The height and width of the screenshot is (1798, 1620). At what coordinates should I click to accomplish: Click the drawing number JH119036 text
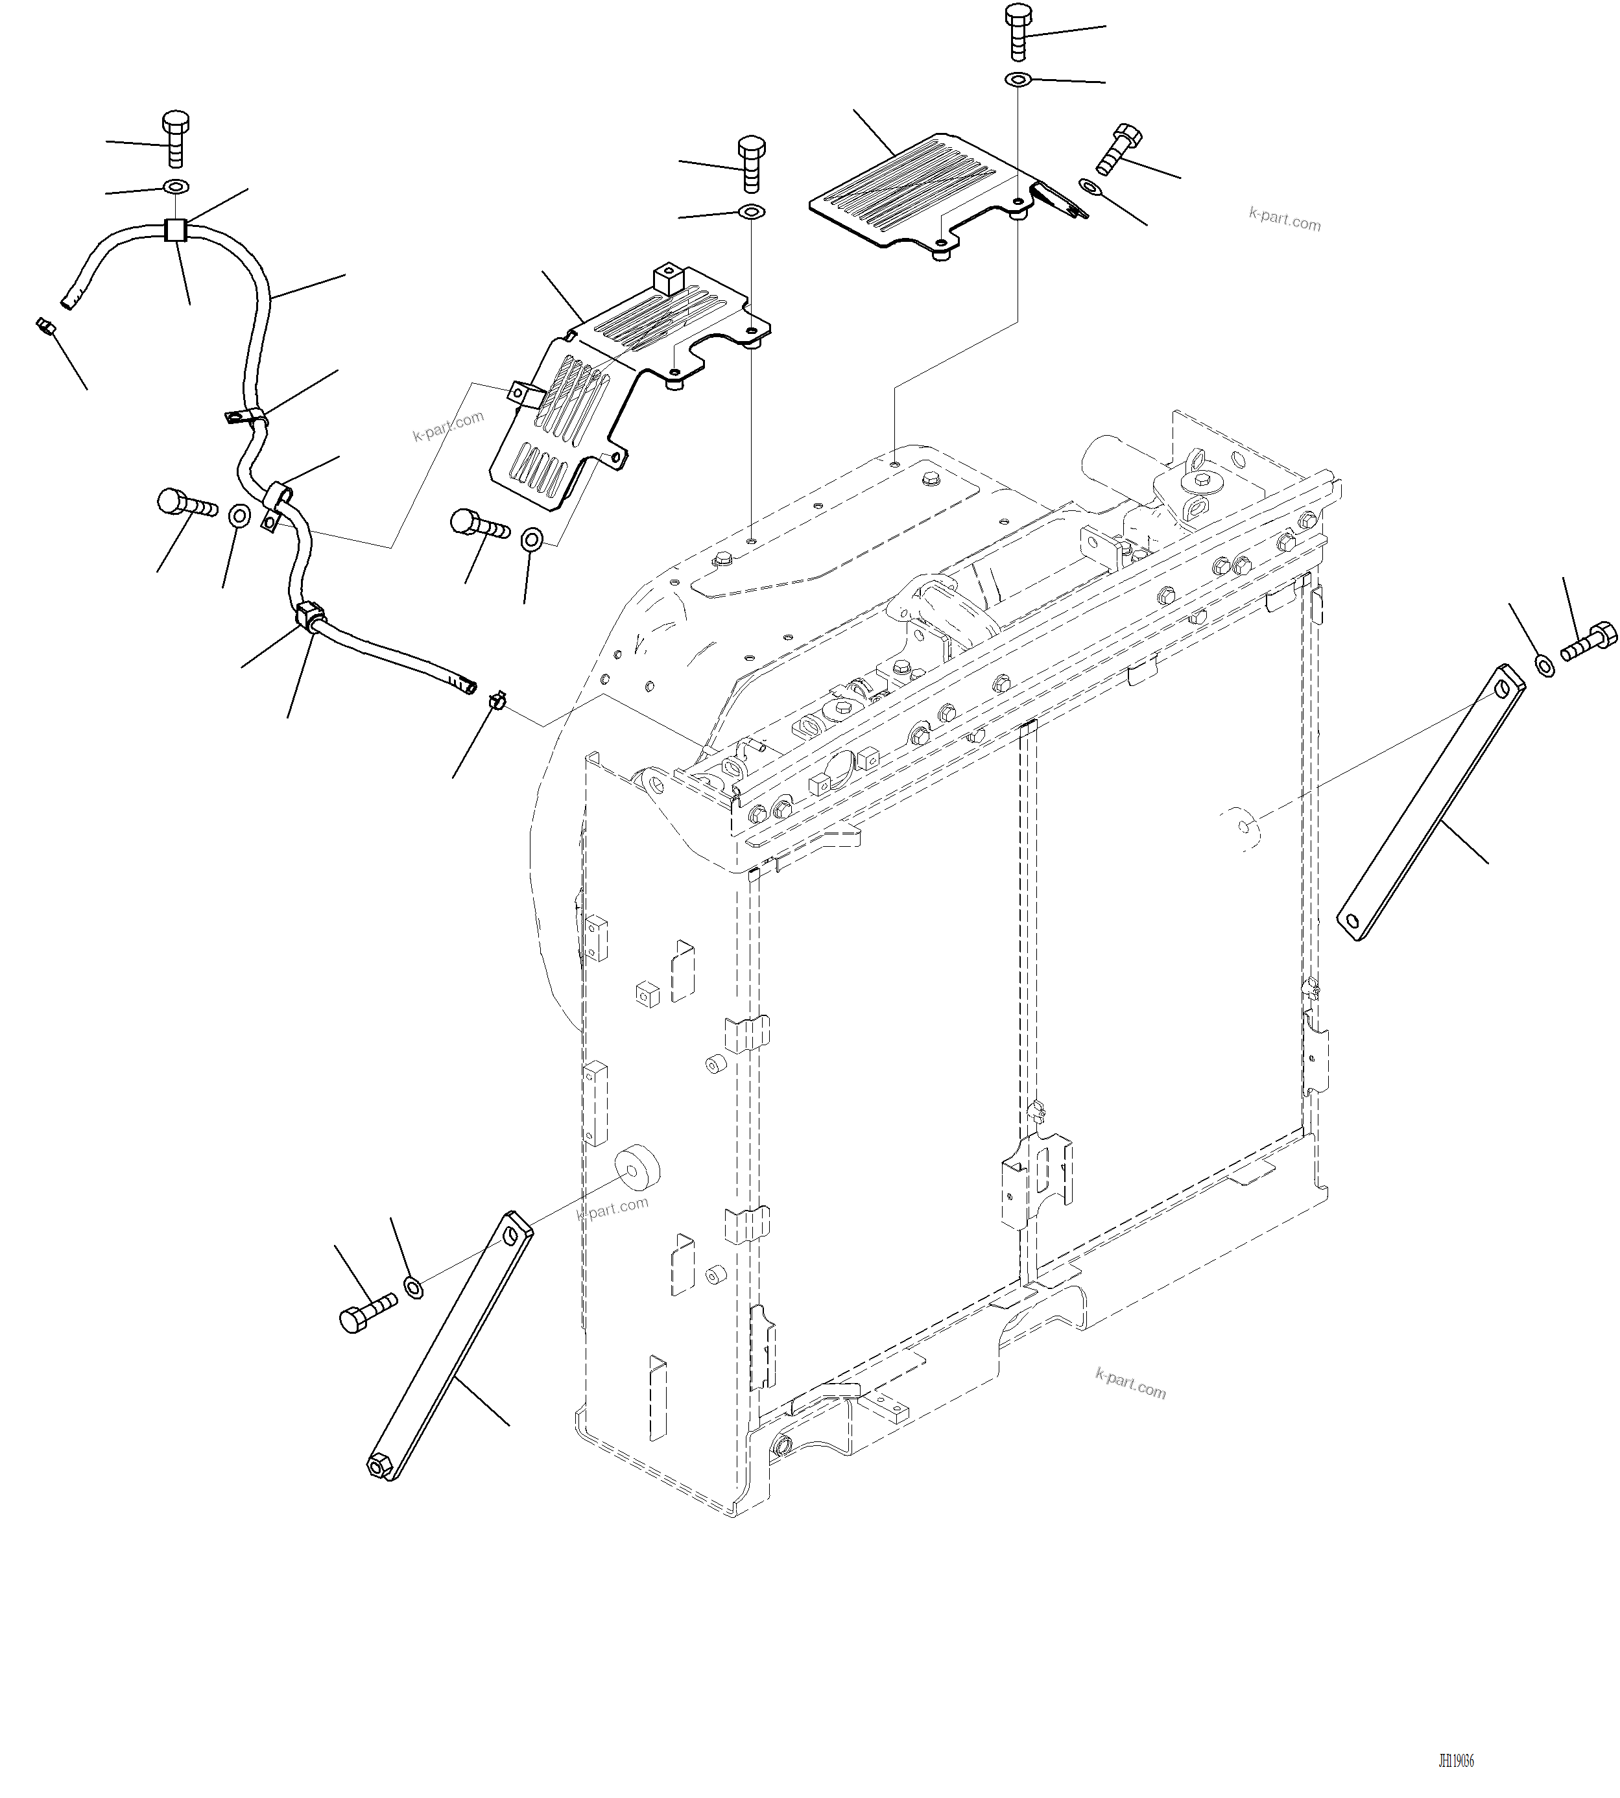1455,1760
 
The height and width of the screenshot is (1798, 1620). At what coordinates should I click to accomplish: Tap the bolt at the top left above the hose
175,139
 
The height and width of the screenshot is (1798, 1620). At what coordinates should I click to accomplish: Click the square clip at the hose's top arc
175,230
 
